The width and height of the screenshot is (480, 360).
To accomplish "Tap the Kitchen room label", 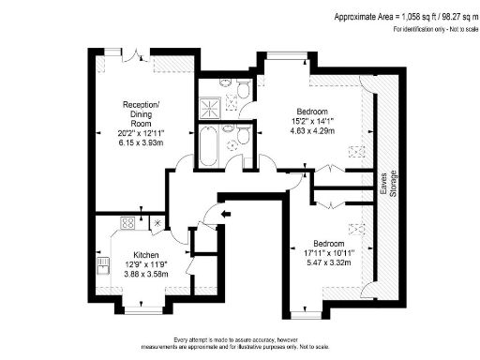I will (x=145, y=255).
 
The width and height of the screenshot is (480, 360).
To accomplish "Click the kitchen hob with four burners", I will (x=128, y=224).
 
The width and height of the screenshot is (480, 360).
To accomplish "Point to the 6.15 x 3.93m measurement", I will (x=140, y=142).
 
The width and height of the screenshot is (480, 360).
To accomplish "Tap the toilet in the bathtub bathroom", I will (x=240, y=137).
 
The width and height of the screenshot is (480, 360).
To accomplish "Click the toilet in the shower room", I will (x=242, y=89).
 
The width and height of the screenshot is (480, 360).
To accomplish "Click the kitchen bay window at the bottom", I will (x=145, y=304).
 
